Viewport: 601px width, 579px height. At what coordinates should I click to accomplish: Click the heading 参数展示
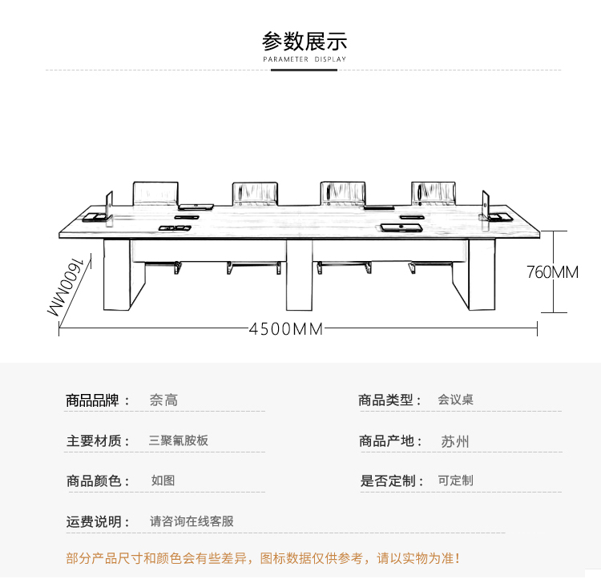[x=305, y=41]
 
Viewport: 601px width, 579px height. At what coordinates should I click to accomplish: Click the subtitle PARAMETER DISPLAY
[x=305, y=59]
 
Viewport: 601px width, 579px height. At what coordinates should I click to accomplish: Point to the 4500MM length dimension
[x=286, y=328]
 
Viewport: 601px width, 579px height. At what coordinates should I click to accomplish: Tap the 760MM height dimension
[x=552, y=272]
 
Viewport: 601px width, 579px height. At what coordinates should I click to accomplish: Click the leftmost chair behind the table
[x=155, y=193]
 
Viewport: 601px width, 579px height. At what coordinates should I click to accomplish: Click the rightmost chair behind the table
[x=434, y=193]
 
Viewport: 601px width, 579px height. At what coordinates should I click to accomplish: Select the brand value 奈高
[x=163, y=400]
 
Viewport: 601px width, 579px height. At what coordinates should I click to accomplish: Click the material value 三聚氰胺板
[x=179, y=440]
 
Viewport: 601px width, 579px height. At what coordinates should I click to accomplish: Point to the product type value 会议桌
[x=455, y=400]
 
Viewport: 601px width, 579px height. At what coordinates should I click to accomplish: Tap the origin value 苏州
[x=455, y=441]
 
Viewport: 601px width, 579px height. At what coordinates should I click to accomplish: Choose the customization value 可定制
[x=455, y=480]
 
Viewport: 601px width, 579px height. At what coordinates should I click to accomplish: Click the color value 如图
[x=163, y=480]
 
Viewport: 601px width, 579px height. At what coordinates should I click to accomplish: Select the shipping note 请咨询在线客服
[x=192, y=521]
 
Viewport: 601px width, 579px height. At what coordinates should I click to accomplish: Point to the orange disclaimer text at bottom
[x=264, y=558]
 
